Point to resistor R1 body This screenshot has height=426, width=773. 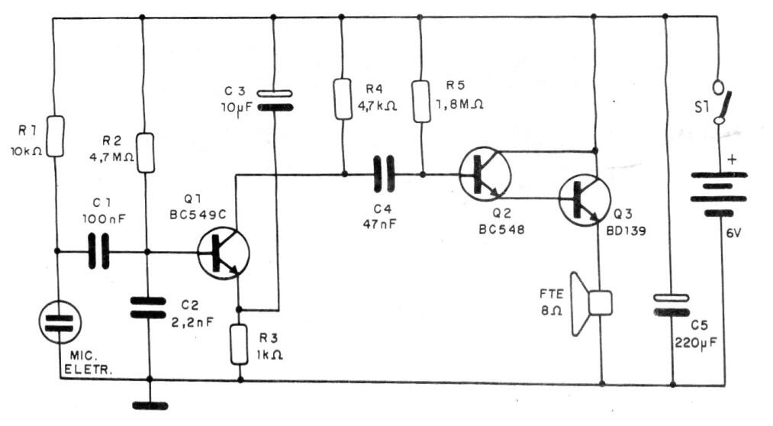coord(55,137)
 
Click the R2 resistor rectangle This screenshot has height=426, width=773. coord(146,153)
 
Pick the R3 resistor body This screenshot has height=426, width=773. coord(239,344)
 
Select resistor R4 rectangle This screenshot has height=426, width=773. coord(343,98)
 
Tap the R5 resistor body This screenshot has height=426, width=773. coord(421,102)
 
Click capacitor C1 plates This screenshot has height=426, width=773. coord(98,252)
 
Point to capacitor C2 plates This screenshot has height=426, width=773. coord(148,308)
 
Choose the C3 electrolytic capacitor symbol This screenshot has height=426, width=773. coord(275,100)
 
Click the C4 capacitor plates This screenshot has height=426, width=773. coord(385,173)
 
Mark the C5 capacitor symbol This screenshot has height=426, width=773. coord(671,305)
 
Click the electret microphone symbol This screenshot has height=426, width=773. coord(60,322)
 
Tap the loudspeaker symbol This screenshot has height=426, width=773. coord(591,303)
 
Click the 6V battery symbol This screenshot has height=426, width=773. coord(719,194)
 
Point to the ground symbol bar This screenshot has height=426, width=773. coord(150,406)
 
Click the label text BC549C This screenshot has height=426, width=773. coord(198,215)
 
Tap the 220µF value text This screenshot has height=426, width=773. coord(696,342)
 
